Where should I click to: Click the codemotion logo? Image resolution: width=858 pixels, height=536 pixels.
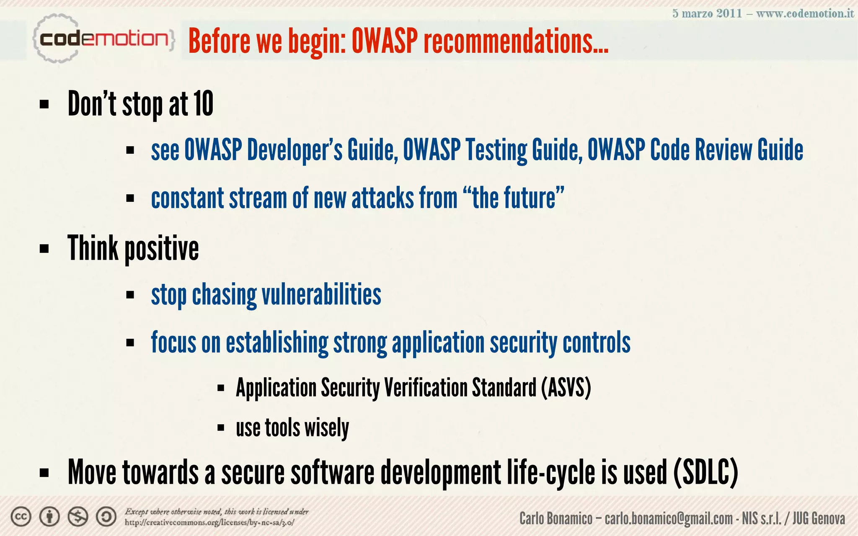[x=103, y=39]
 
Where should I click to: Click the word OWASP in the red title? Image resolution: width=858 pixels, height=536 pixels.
[x=384, y=41]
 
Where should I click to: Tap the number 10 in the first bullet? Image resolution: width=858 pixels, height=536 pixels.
[x=203, y=104]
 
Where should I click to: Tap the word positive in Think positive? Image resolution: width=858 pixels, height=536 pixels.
[x=161, y=249]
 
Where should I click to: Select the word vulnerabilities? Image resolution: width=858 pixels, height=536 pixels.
[x=321, y=294]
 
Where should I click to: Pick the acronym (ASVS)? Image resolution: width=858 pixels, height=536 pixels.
[x=566, y=387]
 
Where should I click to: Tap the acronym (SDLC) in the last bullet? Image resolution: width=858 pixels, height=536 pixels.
[x=706, y=472]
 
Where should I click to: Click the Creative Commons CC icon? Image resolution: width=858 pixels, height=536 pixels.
[x=21, y=517]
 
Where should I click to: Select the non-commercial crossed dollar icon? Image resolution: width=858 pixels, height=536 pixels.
[x=78, y=517]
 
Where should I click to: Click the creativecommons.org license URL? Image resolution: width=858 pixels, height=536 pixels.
[x=209, y=523]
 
